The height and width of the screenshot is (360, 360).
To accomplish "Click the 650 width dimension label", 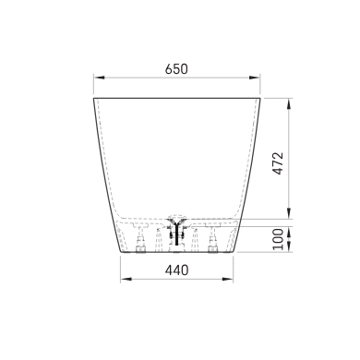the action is pyautogui.click(x=176, y=69).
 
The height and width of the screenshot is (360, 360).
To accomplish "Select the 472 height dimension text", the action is pyautogui.click(x=278, y=163).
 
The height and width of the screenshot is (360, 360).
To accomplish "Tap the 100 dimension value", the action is pyautogui.click(x=278, y=239).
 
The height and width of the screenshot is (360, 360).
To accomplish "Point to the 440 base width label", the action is pyautogui.click(x=176, y=270).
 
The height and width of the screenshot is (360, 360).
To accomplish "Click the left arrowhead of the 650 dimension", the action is pyautogui.click(x=99, y=78).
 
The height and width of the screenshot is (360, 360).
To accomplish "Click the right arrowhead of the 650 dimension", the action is pyautogui.click(x=255, y=78).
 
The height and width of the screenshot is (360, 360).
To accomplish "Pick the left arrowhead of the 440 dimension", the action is pyautogui.click(x=126, y=279).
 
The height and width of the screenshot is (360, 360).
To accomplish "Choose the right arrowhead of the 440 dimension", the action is pyautogui.click(x=227, y=279).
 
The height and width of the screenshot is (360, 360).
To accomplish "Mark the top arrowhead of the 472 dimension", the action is pyautogui.click(x=289, y=104).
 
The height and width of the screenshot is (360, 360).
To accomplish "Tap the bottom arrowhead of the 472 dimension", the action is pyautogui.click(x=289, y=213).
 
